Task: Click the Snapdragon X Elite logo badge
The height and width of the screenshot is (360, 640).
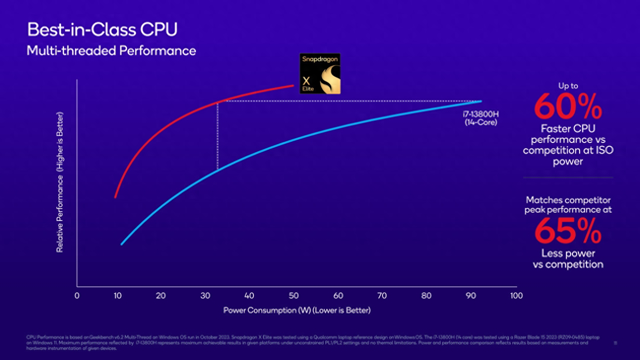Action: point(320,73)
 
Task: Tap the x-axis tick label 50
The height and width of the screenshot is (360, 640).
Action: point(294,295)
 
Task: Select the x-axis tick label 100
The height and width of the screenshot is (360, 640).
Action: point(516,295)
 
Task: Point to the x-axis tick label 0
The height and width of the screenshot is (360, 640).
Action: point(77,295)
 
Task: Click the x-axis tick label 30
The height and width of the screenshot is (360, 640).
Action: point(205,295)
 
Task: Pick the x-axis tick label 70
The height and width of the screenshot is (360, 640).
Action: point(382,295)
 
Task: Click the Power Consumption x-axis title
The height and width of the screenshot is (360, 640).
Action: point(296,310)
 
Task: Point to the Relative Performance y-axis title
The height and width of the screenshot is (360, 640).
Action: point(59,182)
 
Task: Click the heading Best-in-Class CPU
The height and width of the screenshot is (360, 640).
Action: point(102,30)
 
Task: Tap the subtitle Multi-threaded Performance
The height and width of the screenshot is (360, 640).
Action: point(111,50)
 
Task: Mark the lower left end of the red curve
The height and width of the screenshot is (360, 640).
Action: point(115,196)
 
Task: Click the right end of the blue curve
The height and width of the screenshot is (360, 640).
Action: point(480,101)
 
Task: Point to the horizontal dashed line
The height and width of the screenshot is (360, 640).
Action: point(345,101)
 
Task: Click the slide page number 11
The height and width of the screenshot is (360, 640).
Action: point(615,343)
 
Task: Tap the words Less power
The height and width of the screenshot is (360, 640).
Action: point(568,253)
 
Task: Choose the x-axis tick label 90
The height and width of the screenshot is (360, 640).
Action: point(471,295)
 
